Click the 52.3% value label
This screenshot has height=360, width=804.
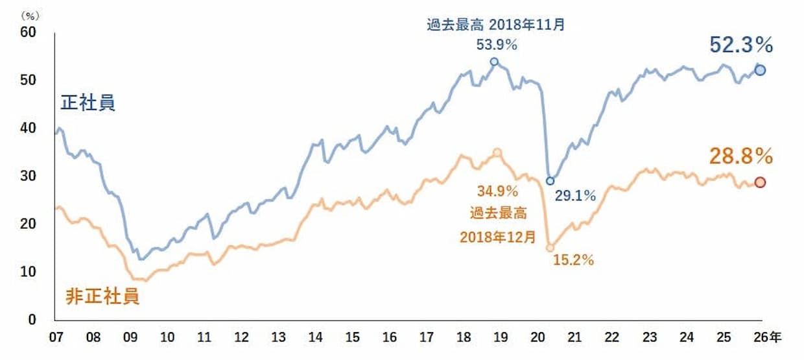click(x=741, y=45)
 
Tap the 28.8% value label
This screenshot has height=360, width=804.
click(x=741, y=156)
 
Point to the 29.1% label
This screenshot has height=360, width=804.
click(x=575, y=195)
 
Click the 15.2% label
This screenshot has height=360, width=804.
click(x=573, y=261)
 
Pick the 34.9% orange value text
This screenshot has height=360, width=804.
click(x=497, y=191)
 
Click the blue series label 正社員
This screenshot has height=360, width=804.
click(x=88, y=102)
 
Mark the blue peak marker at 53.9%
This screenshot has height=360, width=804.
click(x=494, y=62)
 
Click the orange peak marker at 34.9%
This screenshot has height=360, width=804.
click(x=497, y=152)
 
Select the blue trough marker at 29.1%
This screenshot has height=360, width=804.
click(x=550, y=181)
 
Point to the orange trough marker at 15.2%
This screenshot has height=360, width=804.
click(x=550, y=247)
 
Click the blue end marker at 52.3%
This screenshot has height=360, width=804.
click(x=760, y=70)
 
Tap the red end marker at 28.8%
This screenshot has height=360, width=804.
click(x=760, y=182)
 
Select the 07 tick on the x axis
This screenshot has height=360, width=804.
click(x=56, y=337)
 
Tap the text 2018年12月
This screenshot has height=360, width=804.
click(x=497, y=237)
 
